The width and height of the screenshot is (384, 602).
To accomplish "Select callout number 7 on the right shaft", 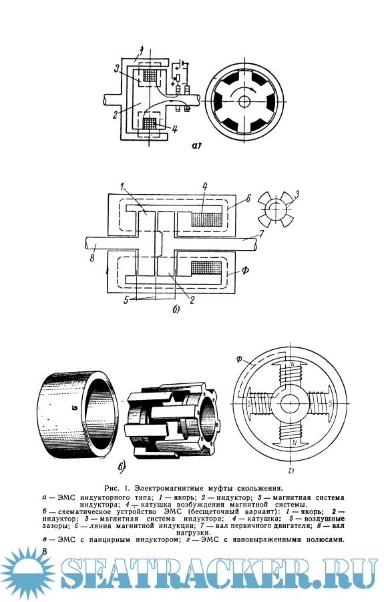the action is click(x=262, y=233).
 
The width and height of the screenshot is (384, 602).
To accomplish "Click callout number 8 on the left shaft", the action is click(x=92, y=258).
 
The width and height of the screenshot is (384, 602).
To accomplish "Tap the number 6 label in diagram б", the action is click(x=248, y=198).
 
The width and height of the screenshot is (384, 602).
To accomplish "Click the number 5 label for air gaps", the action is click(x=126, y=301).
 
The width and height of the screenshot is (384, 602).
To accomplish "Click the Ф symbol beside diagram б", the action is click(x=244, y=270).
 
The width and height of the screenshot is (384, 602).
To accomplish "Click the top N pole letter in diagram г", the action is click(x=293, y=363).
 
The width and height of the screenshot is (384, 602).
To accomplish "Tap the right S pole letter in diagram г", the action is click(x=331, y=404).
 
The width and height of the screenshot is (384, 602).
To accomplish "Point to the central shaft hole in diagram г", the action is click(x=290, y=404).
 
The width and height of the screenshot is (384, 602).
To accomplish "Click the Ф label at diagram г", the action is click(x=240, y=359).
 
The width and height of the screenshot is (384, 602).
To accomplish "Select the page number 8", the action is click(x=45, y=552).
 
